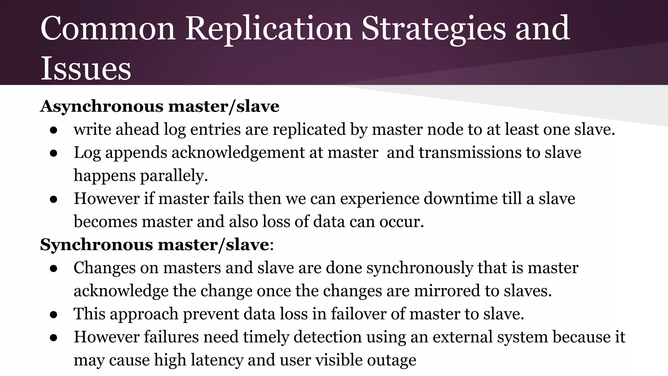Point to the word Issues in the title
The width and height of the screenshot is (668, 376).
coord(85,69)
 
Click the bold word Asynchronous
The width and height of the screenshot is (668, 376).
coord(101,106)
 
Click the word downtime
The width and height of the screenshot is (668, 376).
coord(461,199)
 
